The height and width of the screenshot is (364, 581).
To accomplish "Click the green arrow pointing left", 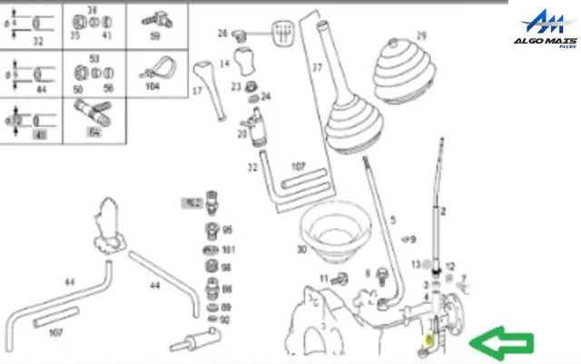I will [x=501, y=343].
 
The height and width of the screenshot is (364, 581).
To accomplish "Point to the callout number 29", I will [x=420, y=36].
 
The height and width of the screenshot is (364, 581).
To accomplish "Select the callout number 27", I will [x=318, y=68].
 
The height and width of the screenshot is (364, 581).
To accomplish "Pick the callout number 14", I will [x=225, y=64].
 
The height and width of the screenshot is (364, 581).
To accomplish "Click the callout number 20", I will [x=241, y=134].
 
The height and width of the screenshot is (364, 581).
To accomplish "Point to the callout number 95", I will [x=228, y=231].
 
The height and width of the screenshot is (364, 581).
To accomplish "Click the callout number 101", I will [x=229, y=249].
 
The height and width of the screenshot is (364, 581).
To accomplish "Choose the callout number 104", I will [x=153, y=85].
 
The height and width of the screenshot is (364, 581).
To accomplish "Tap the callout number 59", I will [x=154, y=36].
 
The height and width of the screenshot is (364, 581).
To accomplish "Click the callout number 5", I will [x=393, y=221].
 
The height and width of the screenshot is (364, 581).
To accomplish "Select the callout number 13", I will [x=414, y=264].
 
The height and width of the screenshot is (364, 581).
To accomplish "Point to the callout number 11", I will [x=323, y=278].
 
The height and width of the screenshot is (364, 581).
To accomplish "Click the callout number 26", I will [x=222, y=34].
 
